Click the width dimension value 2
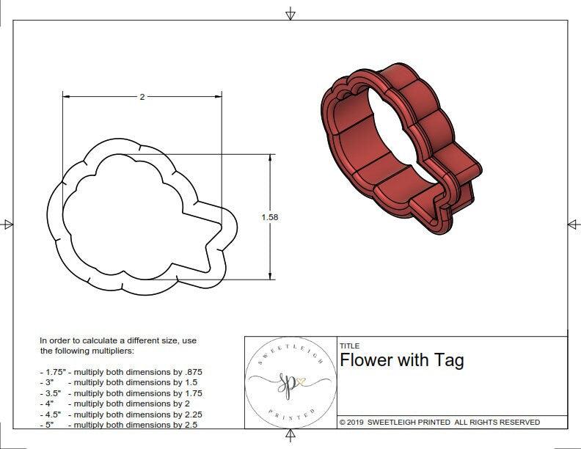coord(142,97)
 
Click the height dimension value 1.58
coord(270,217)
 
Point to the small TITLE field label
coord(348,346)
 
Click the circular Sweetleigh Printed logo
coord(290,382)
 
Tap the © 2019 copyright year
coord(355,422)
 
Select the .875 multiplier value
coord(191,372)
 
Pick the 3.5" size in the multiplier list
coord(51,393)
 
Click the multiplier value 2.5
coord(189,425)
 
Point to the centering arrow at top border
coord(290,13)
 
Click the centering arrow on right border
coord(573,224)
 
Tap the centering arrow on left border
coord(8,224)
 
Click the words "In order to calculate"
coord(79,340)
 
